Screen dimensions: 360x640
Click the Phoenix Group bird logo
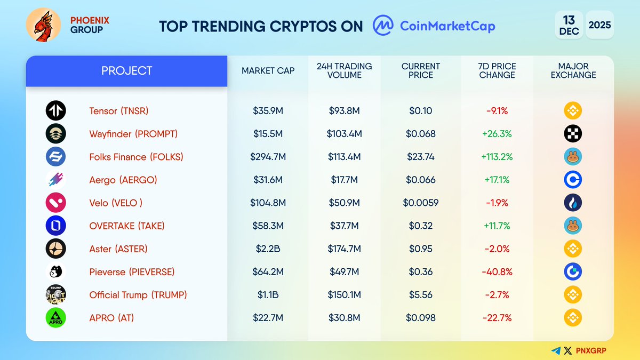[43, 25]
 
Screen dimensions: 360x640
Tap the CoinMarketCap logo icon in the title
[383, 25]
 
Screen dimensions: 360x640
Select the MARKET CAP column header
[268, 70]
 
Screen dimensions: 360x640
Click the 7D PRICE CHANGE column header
[497, 70]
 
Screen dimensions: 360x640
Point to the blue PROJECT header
[127, 70]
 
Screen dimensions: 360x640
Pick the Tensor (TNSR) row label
[118, 111]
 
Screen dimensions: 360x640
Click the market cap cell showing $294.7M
[268, 157]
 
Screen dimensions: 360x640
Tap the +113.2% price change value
[497, 157]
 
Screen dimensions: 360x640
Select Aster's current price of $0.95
[420, 249]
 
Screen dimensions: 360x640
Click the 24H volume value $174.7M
[344, 249]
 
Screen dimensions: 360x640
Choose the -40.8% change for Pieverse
[497, 271]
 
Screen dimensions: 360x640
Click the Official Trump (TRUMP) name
[138, 294]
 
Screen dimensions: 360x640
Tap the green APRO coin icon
[55, 317]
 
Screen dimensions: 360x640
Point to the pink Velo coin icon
[55, 203]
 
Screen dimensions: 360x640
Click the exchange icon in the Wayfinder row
[573, 134]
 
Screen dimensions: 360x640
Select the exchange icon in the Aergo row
[573, 180]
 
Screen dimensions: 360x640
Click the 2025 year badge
[599, 25]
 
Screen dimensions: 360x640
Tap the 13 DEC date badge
[569, 25]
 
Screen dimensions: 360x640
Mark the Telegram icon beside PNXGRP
[556, 350]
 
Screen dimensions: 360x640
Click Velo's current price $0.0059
[420, 203]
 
